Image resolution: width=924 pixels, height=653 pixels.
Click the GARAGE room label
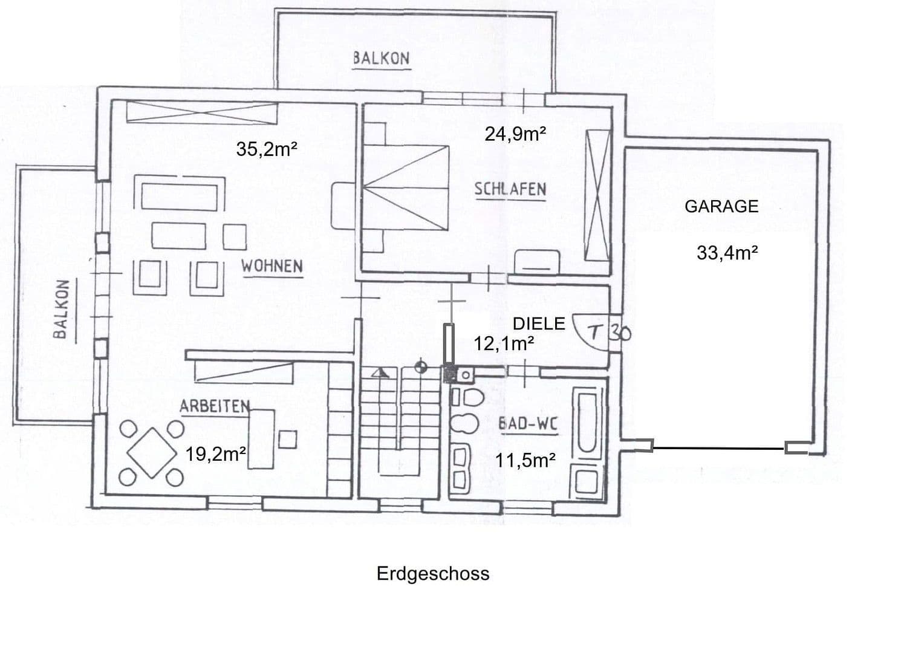click(x=721, y=206)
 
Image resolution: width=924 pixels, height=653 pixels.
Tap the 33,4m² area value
click(x=727, y=253)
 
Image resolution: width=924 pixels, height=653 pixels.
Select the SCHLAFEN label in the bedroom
click(x=510, y=189)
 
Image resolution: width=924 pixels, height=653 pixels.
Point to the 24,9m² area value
click(x=515, y=134)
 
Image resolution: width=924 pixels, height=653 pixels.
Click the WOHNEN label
click(x=272, y=266)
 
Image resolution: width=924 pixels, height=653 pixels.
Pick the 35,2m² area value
click(x=266, y=149)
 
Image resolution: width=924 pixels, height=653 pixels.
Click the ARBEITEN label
click(x=215, y=406)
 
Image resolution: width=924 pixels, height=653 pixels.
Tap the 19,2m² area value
click(x=215, y=454)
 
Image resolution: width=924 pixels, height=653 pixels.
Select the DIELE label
click(x=538, y=323)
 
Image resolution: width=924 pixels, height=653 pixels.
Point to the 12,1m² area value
click(x=503, y=343)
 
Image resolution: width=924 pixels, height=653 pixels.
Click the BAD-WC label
click(x=527, y=424)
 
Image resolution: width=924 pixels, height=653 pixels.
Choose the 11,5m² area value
click(x=525, y=460)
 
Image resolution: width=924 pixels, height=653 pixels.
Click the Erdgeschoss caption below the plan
click(x=433, y=573)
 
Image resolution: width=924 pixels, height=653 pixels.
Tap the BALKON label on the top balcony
click(x=381, y=59)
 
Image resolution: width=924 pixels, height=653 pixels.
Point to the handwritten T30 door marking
click(x=610, y=332)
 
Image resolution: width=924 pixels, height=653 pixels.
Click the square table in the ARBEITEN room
click(x=151, y=452)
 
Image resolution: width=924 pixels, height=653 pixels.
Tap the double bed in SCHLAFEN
click(x=405, y=188)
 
